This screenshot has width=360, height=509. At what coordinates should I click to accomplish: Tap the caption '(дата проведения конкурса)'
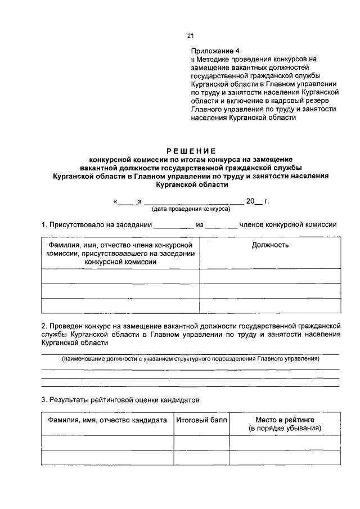point(190,209)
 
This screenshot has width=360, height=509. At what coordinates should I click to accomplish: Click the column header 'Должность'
point(270,245)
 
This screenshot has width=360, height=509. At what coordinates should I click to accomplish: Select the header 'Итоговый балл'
point(201,420)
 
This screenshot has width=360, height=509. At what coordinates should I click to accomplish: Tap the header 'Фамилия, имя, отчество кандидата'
point(107,420)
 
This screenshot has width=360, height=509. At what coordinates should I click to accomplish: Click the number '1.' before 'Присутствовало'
point(44,225)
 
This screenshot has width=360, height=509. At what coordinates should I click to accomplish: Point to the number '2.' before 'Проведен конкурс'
point(44,326)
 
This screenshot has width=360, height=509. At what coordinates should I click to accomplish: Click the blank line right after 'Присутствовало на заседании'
point(173,226)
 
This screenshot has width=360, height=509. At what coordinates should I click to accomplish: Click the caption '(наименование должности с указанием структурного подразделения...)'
point(190,358)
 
